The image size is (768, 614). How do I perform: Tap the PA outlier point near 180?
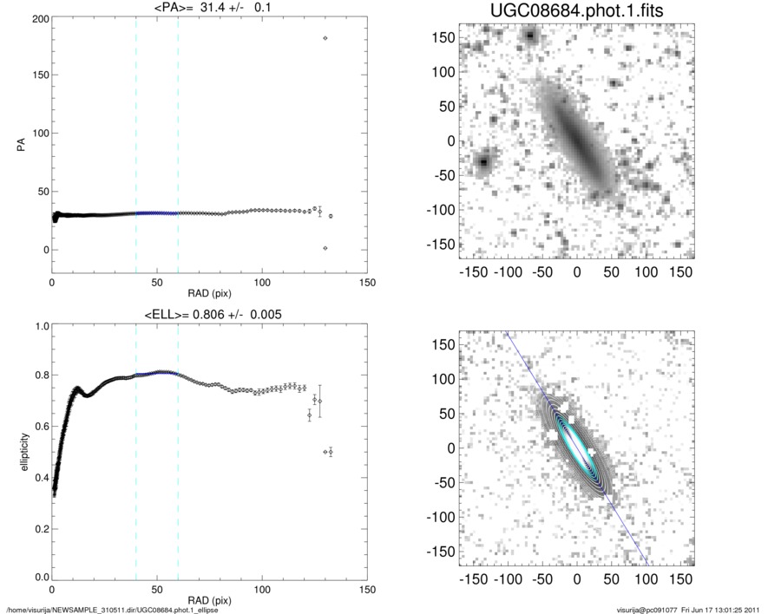(325, 38)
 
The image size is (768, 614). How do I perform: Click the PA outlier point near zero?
(325, 248)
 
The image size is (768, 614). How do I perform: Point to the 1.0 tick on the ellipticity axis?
(39, 327)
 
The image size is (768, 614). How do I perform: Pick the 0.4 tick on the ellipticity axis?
(39, 477)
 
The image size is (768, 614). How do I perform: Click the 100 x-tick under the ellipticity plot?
(262, 590)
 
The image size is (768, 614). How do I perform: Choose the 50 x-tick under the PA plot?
(157, 283)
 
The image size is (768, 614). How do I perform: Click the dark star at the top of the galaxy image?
(530, 36)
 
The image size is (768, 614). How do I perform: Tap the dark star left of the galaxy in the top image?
(484, 161)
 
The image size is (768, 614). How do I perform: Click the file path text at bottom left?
(113, 610)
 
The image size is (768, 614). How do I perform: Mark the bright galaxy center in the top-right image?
(575, 139)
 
